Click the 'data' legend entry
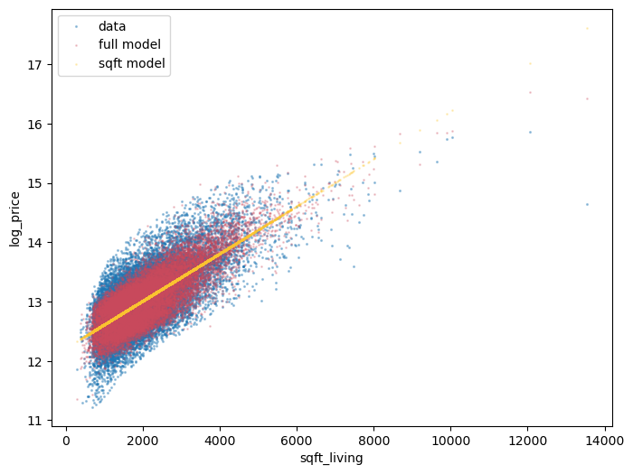[x=112, y=26]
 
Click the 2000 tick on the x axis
[x=143, y=441]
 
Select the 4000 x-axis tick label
[x=220, y=441]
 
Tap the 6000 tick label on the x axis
[x=297, y=441]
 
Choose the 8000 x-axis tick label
[x=374, y=441]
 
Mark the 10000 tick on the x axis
[x=451, y=441]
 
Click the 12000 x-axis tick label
[x=528, y=441]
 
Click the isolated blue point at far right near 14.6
[x=587, y=204]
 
